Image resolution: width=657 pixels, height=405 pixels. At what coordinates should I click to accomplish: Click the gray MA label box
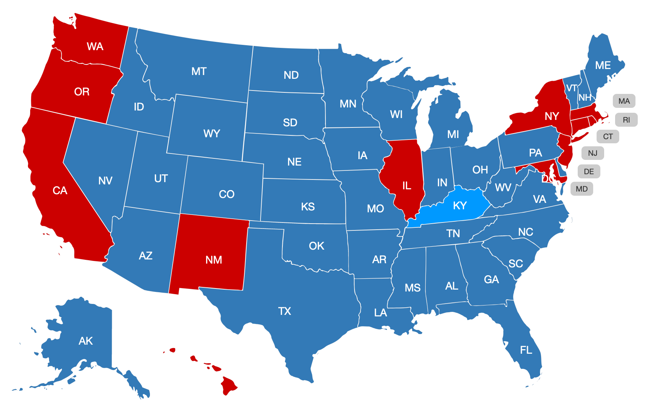point(624,101)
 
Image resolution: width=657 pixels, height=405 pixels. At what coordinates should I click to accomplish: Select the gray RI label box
point(626,120)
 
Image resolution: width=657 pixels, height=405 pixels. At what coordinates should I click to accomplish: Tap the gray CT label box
point(608,137)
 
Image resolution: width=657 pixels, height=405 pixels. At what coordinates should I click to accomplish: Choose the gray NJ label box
point(592,153)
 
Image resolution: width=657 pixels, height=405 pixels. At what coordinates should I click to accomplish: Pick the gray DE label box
point(589,172)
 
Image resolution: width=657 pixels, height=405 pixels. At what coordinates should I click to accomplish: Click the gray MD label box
point(581,189)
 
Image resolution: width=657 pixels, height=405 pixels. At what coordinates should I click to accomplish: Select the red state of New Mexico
point(213,260)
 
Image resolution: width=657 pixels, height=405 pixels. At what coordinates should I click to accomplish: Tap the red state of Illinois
point(406,186)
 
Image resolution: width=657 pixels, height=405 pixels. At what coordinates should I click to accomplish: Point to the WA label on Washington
point(95,46)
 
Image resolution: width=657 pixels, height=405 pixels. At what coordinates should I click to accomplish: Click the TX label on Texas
point(284,311)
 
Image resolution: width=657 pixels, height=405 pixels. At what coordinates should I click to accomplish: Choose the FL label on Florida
point(526,350)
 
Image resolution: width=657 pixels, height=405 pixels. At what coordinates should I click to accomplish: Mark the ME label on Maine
point(603,66)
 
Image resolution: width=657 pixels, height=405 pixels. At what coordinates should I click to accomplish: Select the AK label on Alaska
point(86,341)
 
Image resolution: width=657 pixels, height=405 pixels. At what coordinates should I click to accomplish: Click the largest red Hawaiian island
point(228,385)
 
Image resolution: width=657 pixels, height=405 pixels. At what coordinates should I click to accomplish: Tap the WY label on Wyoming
point(211,133)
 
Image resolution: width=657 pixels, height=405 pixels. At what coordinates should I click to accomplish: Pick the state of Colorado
point(226,194)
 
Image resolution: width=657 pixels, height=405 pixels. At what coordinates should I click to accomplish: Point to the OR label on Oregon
point(82,92)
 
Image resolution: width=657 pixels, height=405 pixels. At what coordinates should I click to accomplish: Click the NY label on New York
point(552,116)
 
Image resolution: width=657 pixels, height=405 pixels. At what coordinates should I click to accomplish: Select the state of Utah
point(161,178)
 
